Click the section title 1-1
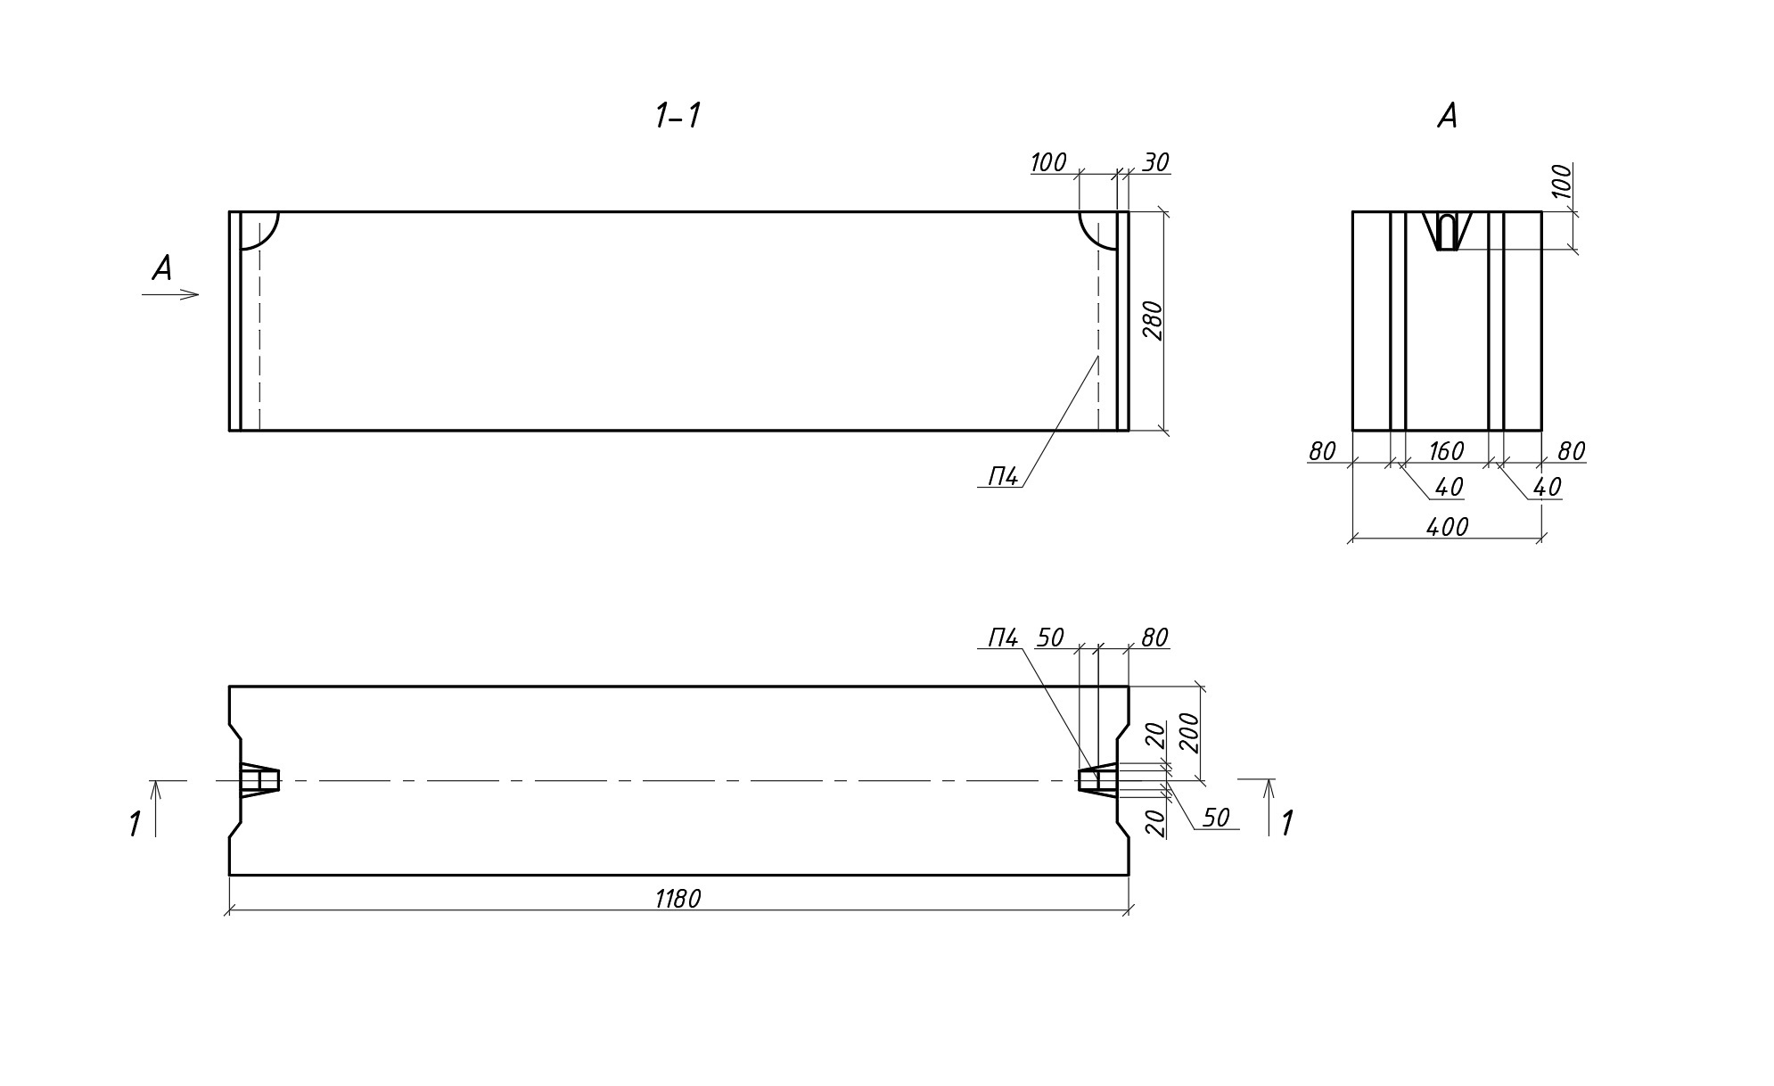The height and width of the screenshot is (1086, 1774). click(x=678, y=116)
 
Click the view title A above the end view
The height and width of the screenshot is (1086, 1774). click(x=1447, y=116)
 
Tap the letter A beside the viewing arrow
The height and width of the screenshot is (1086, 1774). click(x=161, y=268)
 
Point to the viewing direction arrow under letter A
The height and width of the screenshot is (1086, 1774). click(x=170, y=294)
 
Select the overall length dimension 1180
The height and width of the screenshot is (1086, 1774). click(x=678, y=899)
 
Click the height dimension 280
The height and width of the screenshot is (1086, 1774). click(x=1153, y=321)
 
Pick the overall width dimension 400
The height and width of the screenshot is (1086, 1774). click(x=1447, y=527)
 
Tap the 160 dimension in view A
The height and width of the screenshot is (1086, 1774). click(x=1446, y=451)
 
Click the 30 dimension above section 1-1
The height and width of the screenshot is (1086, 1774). click(x=1155, y=162)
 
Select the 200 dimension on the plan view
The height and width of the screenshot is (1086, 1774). click(x=1189, y=733)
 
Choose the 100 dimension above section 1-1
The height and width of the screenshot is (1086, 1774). click(x=1048, y=162)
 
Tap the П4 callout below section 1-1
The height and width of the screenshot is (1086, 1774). click(x=1003, y=477)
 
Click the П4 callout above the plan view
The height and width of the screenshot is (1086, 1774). click(x=1003, y=638)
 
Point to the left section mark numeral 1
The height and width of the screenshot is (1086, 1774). click(x=135, y=825)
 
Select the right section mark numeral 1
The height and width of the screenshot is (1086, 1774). click(x=1286, y=825)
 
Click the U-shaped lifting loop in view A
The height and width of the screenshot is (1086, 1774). click(x=1448, y=232)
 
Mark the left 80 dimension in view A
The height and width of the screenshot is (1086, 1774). click(x=1322, y=452)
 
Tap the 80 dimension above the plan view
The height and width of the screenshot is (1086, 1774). click(x=1154, y=638)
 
